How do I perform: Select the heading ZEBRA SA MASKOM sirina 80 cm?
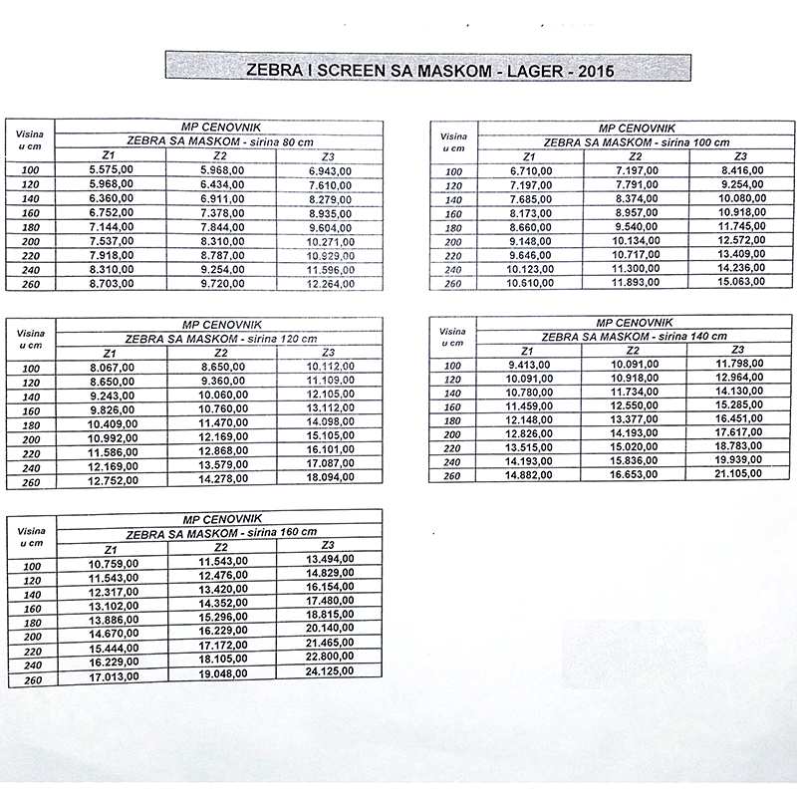click(218, 141)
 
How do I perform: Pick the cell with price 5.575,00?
click(111, 171)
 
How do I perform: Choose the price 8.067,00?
click(111, 368)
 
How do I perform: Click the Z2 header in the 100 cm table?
click(633, 157)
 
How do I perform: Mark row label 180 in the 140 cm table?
click(451, 421)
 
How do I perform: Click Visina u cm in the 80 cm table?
click(31, 140)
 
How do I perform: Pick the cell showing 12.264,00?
click(330, 284)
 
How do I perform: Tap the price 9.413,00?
click(529, 365)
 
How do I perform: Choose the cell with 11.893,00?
click(634, 283)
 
